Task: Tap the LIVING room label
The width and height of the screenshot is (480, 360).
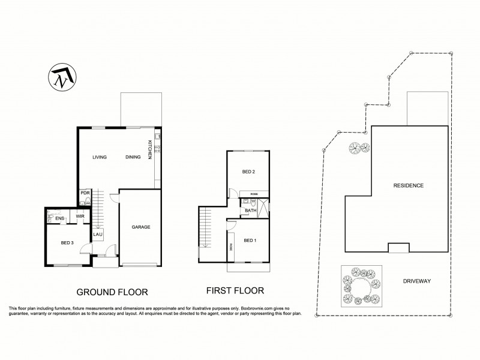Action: (99, 157)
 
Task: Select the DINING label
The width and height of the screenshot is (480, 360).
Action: (133, 157)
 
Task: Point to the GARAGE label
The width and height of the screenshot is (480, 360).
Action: (140, 227)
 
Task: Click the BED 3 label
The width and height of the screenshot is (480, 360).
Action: (68, 242)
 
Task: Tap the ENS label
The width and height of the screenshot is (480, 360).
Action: (59, 218)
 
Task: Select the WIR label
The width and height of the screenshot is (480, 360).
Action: (80, 216)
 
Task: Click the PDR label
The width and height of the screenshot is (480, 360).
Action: (85, 193)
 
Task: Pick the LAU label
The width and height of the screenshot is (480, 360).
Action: (96, 235)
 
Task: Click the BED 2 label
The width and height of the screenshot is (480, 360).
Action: (248, 172)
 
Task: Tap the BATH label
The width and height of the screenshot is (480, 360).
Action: (251, 210)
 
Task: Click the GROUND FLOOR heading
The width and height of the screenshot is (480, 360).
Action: (112, 292)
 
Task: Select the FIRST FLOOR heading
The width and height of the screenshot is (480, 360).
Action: (235, 290)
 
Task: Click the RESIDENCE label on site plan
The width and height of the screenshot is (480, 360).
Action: (408, 185)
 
